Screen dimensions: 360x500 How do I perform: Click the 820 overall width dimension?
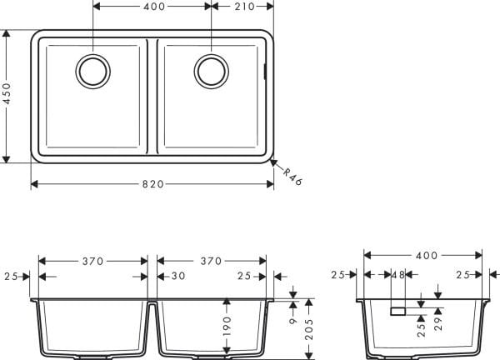[x=152, y=184]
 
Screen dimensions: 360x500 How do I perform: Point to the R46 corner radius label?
[x=291, y=177]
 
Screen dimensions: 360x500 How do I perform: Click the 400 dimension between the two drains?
[x=152, y=7]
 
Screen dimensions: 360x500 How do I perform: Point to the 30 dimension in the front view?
[x=178, y=276]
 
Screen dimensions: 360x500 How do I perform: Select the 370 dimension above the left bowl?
[x=92, y=261]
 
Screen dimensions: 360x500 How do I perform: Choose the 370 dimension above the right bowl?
[x=211, y=261]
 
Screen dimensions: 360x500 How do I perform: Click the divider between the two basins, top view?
[x=152, y=96]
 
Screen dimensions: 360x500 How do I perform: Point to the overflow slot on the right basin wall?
[x=266, y=71]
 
